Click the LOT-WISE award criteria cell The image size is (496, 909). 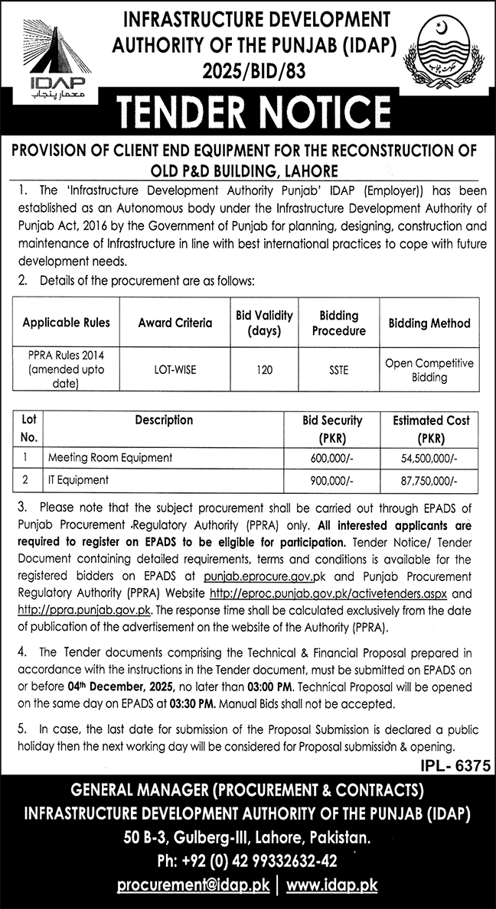(175, 369)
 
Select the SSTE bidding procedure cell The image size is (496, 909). (338, 369)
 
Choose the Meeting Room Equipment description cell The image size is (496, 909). (109, 457)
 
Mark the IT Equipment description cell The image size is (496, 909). (78, 480)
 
